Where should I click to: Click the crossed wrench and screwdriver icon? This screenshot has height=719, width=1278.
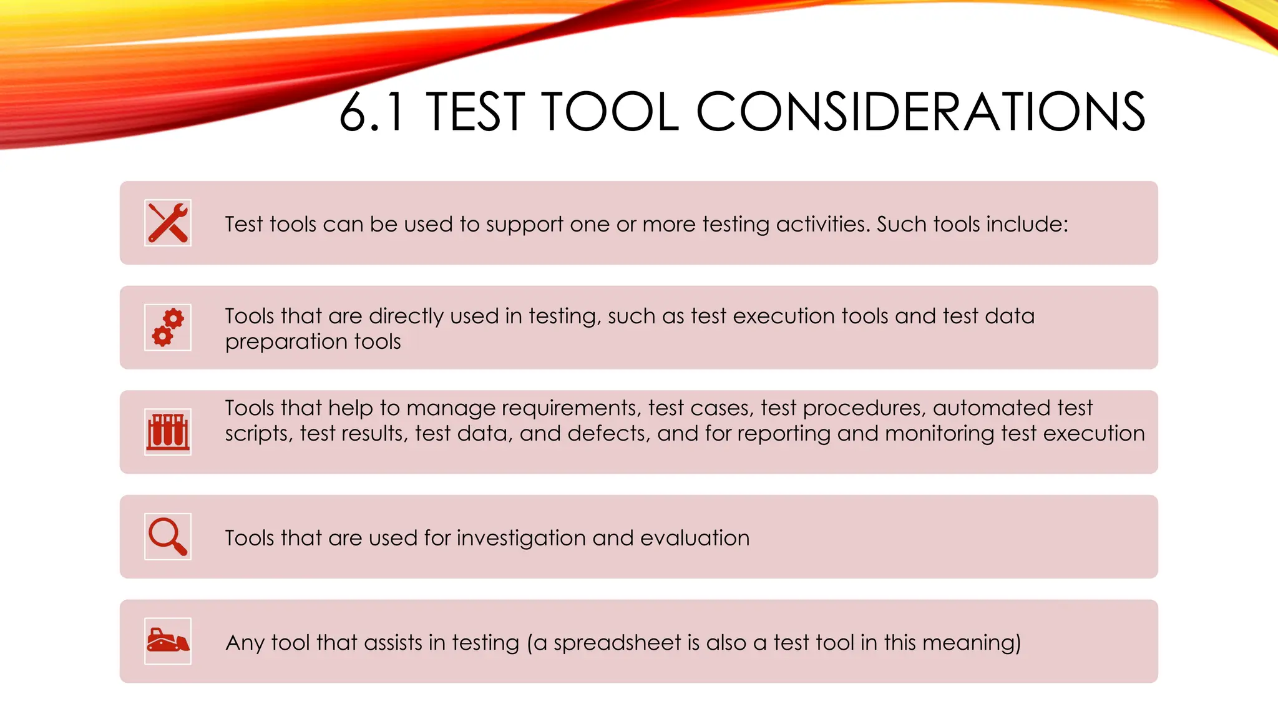(168, 223)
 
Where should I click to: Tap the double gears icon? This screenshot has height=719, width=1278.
(168, 328)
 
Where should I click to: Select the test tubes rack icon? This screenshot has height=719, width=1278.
(168, 432)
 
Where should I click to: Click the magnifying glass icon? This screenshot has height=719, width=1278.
(168, 537)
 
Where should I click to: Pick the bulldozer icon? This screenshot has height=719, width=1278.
(168, 641)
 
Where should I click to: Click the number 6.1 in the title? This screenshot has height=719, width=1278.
(372, 112)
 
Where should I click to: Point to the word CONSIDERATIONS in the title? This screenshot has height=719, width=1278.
(920, 112)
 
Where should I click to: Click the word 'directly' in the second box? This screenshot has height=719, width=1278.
(406, 316)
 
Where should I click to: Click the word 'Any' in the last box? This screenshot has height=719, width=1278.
(245, 643)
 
